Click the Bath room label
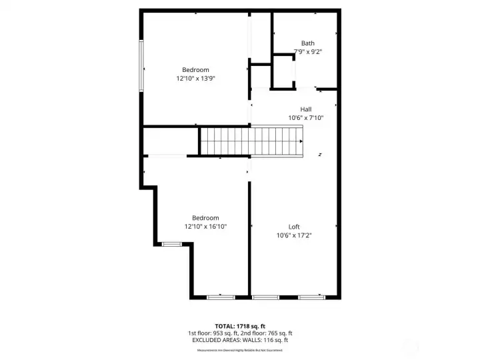click(x=307, y=43)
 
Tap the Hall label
click(x=306, y=109)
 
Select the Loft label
click(x=294, y=227)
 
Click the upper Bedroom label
click(x=195, y=70)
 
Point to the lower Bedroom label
click(x=205, y=218)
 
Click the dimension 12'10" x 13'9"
click(x=195, y=79)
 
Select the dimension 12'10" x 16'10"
click(x=205, y=227)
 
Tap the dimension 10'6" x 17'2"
click(x=294, y=235)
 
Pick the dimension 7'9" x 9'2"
click(x=308, y=51)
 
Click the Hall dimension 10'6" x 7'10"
click(x=306, y=118)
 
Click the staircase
click(x=252, y=141)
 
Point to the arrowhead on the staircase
click(x=302, y=141)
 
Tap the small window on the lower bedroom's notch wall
click(x=172, y=244)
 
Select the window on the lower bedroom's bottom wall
click(x=220, y=297)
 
